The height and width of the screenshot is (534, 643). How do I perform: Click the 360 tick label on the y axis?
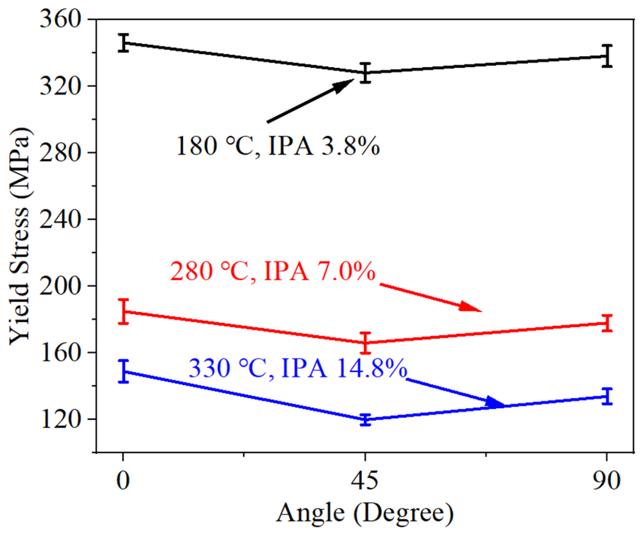coord(60,19)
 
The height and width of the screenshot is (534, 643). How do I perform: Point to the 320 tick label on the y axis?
coord(60,86)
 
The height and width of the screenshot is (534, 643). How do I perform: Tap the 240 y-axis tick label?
coord(60,219)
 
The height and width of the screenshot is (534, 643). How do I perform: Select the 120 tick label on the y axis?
coord(60,419)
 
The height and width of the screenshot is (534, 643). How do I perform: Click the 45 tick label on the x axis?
coord(365,481)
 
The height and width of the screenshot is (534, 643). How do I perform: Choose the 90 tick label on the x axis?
coord(606,481)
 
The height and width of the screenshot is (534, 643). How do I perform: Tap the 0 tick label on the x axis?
coord(123,481)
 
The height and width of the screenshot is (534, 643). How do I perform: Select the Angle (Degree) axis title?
coord(365,513)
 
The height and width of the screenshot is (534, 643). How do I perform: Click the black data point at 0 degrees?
coord(124,43)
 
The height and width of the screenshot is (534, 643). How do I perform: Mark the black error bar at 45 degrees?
coord(366,73)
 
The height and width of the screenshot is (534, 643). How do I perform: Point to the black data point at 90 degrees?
coord(607,56)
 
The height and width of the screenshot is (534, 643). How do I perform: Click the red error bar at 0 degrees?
coord(124,311)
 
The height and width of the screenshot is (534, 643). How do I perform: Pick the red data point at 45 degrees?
coord(366,343)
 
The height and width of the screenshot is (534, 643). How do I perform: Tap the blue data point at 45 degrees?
coord(366,420)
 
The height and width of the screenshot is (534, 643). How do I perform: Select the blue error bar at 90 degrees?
coord(607,396)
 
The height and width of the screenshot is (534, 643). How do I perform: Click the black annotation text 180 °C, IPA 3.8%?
coord(277,146)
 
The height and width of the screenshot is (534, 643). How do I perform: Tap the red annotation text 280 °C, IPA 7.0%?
coord(272,271)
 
